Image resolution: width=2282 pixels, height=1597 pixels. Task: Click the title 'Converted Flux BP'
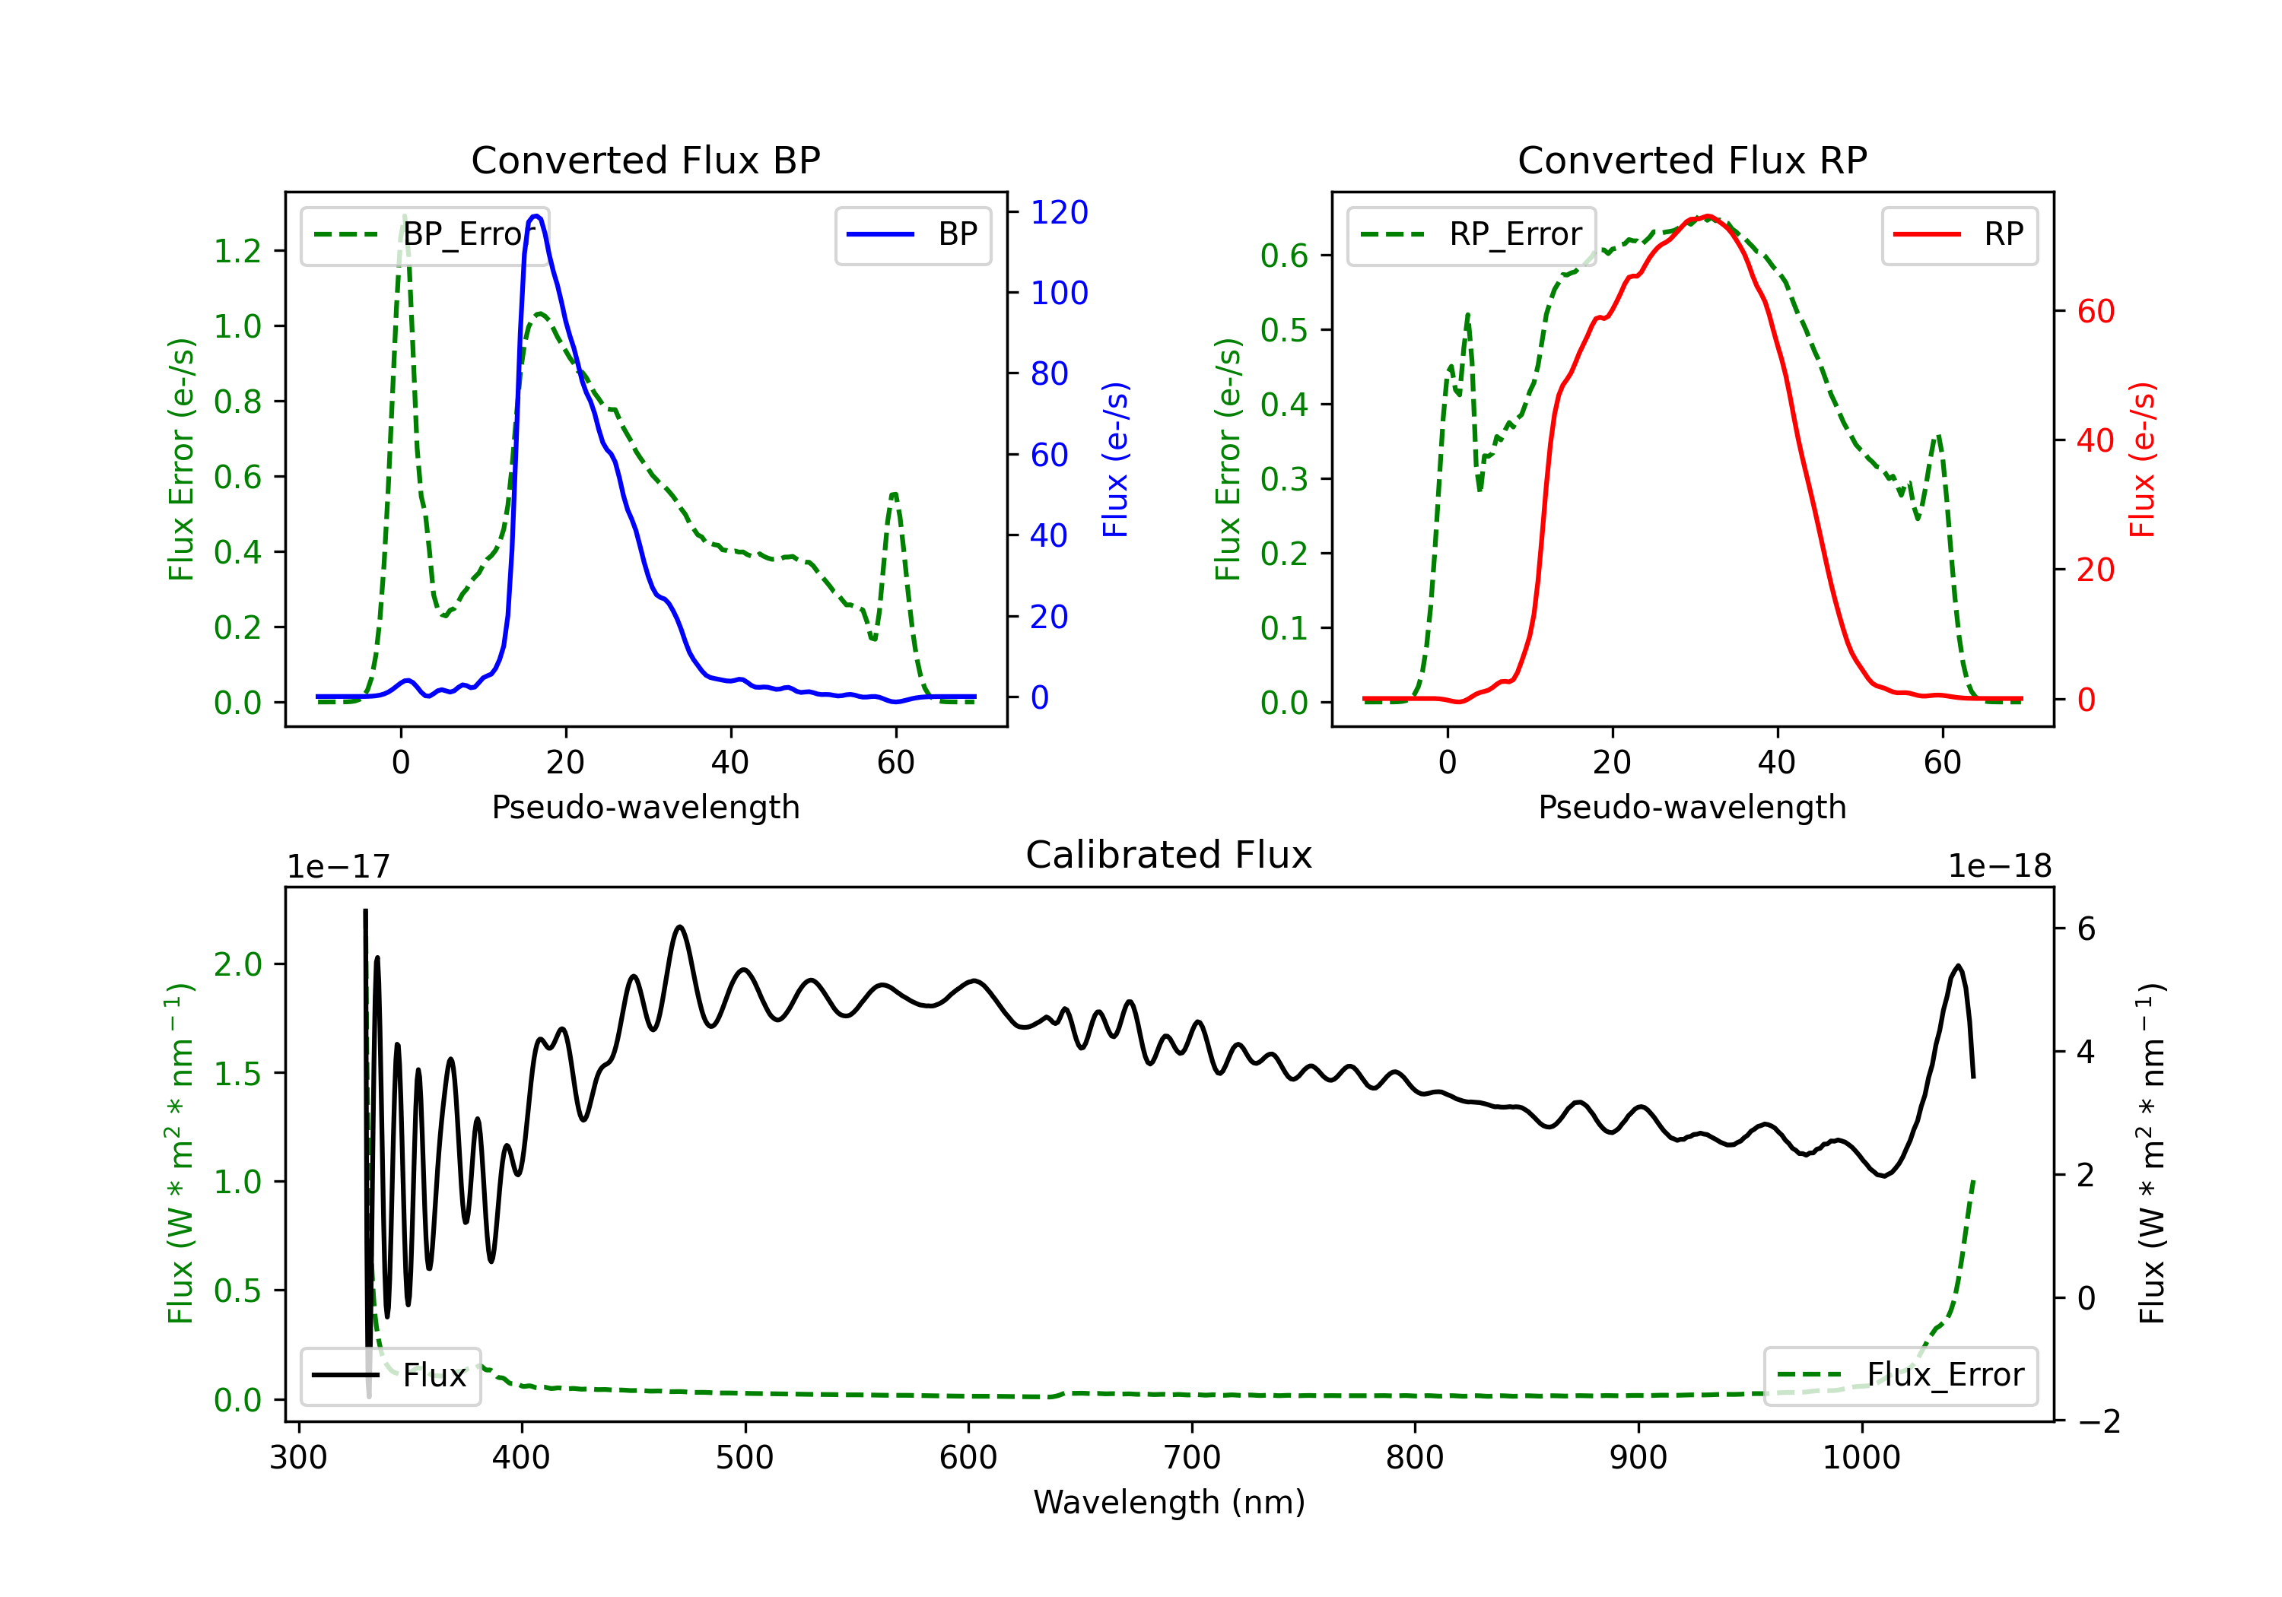646,160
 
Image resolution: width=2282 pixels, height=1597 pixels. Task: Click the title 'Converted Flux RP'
1692,160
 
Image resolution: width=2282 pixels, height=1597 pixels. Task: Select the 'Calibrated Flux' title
1169,855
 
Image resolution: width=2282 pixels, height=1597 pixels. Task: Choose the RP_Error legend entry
1471,234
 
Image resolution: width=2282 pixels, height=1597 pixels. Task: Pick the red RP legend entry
1959,234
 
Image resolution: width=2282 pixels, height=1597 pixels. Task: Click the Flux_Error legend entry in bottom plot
1900,1376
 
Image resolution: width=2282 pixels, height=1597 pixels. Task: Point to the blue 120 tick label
1060,211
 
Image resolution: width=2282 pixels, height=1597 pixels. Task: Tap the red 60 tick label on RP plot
2096,311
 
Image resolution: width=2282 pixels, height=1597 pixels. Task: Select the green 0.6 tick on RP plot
1284,256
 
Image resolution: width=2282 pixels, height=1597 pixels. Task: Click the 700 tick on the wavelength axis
1192,1458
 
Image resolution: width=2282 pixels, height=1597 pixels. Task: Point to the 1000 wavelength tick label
1861,1458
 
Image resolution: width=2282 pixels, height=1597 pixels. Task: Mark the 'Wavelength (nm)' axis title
1169,1502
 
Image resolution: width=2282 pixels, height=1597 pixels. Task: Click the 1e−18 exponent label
2000,867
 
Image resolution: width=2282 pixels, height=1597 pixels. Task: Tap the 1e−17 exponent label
339,867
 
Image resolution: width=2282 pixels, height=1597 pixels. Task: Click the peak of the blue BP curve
536,216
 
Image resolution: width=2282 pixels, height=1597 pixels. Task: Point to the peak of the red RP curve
1706,217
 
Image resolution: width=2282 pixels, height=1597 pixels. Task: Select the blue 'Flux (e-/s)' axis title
1115,459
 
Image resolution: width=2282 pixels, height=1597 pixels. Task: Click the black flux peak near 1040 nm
1958,965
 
